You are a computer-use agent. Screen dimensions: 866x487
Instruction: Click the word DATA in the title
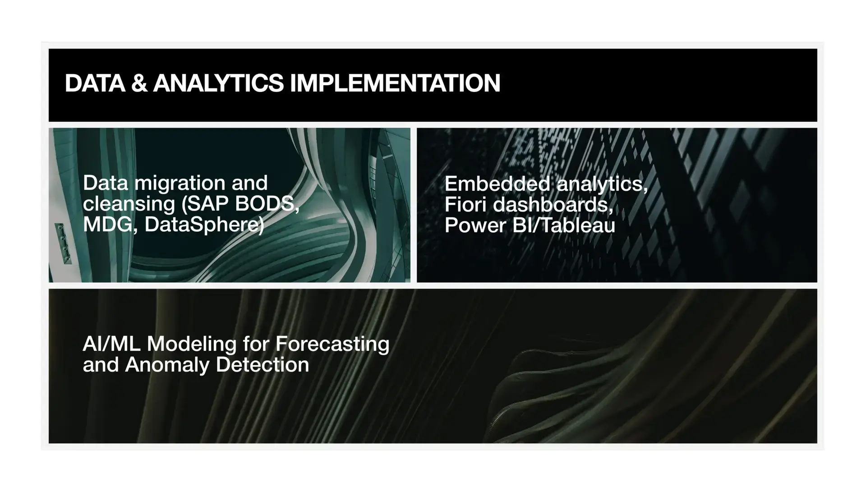(x=95, y=83)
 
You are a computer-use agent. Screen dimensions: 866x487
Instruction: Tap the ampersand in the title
(x=139, y=83)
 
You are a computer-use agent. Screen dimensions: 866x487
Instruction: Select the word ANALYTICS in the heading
(x=218, y=83)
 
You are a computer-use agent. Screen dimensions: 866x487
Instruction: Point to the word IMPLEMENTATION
(x=395, y=83)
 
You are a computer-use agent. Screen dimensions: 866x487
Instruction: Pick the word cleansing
(x=129, y=204)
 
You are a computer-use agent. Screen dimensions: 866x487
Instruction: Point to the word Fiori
(x=465, y=205)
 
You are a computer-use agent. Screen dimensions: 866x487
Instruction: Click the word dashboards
(x=553, y=205)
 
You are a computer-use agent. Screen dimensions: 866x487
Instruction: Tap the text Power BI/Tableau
(x=530, y=225)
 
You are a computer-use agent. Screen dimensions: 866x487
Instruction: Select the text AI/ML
(x=111, y=344)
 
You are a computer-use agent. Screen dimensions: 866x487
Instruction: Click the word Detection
(x=263, y=365)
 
